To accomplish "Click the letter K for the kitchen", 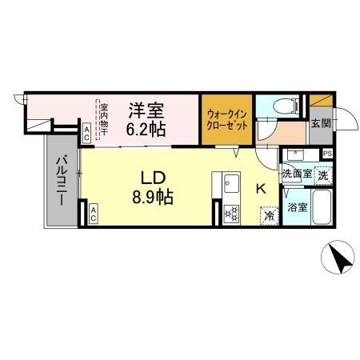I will pos(260,189).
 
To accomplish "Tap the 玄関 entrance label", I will pos(319,124).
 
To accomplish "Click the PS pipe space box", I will pos(328,154).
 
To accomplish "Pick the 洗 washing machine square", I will pos(322,174).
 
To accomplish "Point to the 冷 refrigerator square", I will pos(270,214).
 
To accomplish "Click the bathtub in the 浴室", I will pos(321,207).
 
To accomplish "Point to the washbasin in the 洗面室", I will pos(297,155).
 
